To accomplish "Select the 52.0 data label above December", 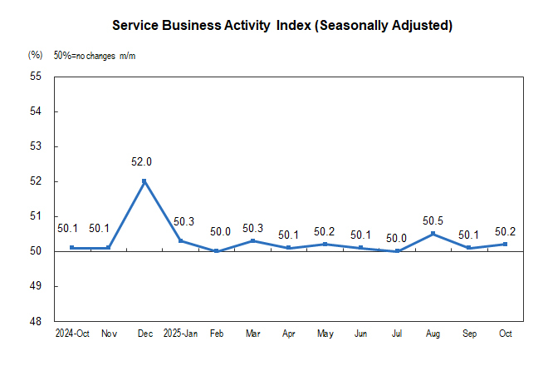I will click(x=143, y=162).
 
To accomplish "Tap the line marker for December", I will click(x=144, y=181).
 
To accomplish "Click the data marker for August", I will click(x=433, y=234).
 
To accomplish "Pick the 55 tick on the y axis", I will click(x=36, y=77).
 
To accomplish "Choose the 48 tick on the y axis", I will click(x=36, y=321).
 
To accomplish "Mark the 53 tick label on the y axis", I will click(x=36, y=146).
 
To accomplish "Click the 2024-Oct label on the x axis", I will click(x=71, y=334).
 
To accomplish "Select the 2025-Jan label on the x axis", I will click(x=180, y=334).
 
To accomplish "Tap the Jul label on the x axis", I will click(x=397, y=334).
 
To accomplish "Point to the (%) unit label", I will click(x=35, y=55).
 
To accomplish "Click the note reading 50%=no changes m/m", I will click(x=95, y=55).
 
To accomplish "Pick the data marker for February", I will click(x=217, y=251).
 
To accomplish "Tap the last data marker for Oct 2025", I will click(x=505, y=244).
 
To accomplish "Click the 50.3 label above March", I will click(x=253, y=228).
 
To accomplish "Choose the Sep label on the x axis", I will click(x=469, y=334).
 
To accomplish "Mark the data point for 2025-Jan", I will click(x=180, y=240).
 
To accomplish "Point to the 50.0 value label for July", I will click(x=396, y=238).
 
